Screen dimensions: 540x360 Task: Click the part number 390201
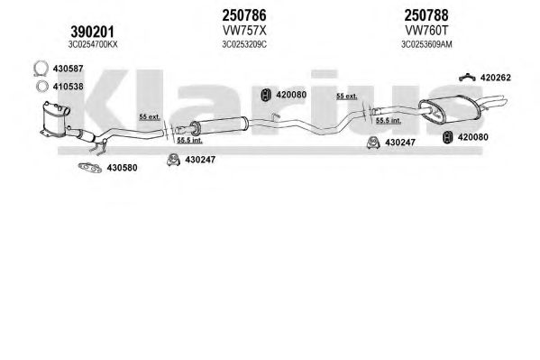[x=92, y=32]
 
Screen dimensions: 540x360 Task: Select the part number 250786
[x=244, y=15]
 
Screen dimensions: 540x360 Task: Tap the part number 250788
[x=426, y=15]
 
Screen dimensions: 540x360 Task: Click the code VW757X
[x=244, y=31]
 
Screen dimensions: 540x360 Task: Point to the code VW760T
[x=426, y=31]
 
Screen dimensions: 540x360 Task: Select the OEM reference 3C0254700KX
[x=93, y=44]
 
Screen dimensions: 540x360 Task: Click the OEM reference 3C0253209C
[x=244, y=44]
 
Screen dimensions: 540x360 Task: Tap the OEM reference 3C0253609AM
[x=426, y=44]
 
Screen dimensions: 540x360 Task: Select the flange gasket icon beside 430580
[x=90, y=167]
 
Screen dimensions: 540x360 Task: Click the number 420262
[x=496, y=78]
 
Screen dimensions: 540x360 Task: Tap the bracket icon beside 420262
[x=467, y=78]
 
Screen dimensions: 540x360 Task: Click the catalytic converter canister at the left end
[x=55, y=118]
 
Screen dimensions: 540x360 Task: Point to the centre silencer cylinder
[x=220, y=125]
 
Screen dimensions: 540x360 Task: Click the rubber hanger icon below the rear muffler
[x=447, y=137]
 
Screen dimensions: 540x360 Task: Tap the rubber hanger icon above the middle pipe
[x=266, y=95]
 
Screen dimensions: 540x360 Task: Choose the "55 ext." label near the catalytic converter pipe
[x=150, y=117]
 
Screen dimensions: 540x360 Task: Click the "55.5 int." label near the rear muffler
[x=389, y=121]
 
